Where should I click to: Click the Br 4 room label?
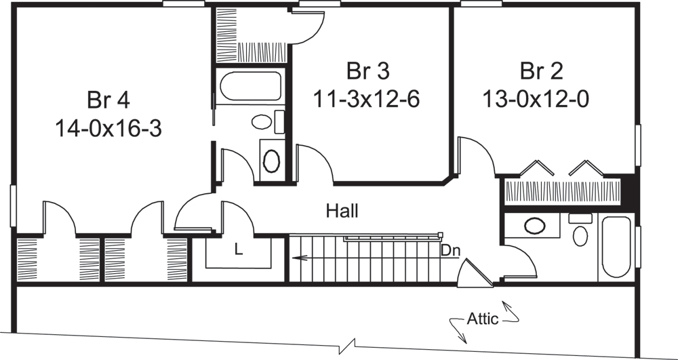108,99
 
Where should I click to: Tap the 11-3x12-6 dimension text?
366,99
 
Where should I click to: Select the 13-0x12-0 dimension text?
535,99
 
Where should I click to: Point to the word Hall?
342,211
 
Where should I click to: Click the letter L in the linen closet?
238,249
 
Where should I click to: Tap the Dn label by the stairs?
450,250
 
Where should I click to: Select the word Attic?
483,319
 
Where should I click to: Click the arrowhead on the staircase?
296,258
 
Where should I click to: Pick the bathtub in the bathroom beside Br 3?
250,86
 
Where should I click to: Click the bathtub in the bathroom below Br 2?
616,247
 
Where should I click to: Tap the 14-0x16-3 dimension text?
108,128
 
